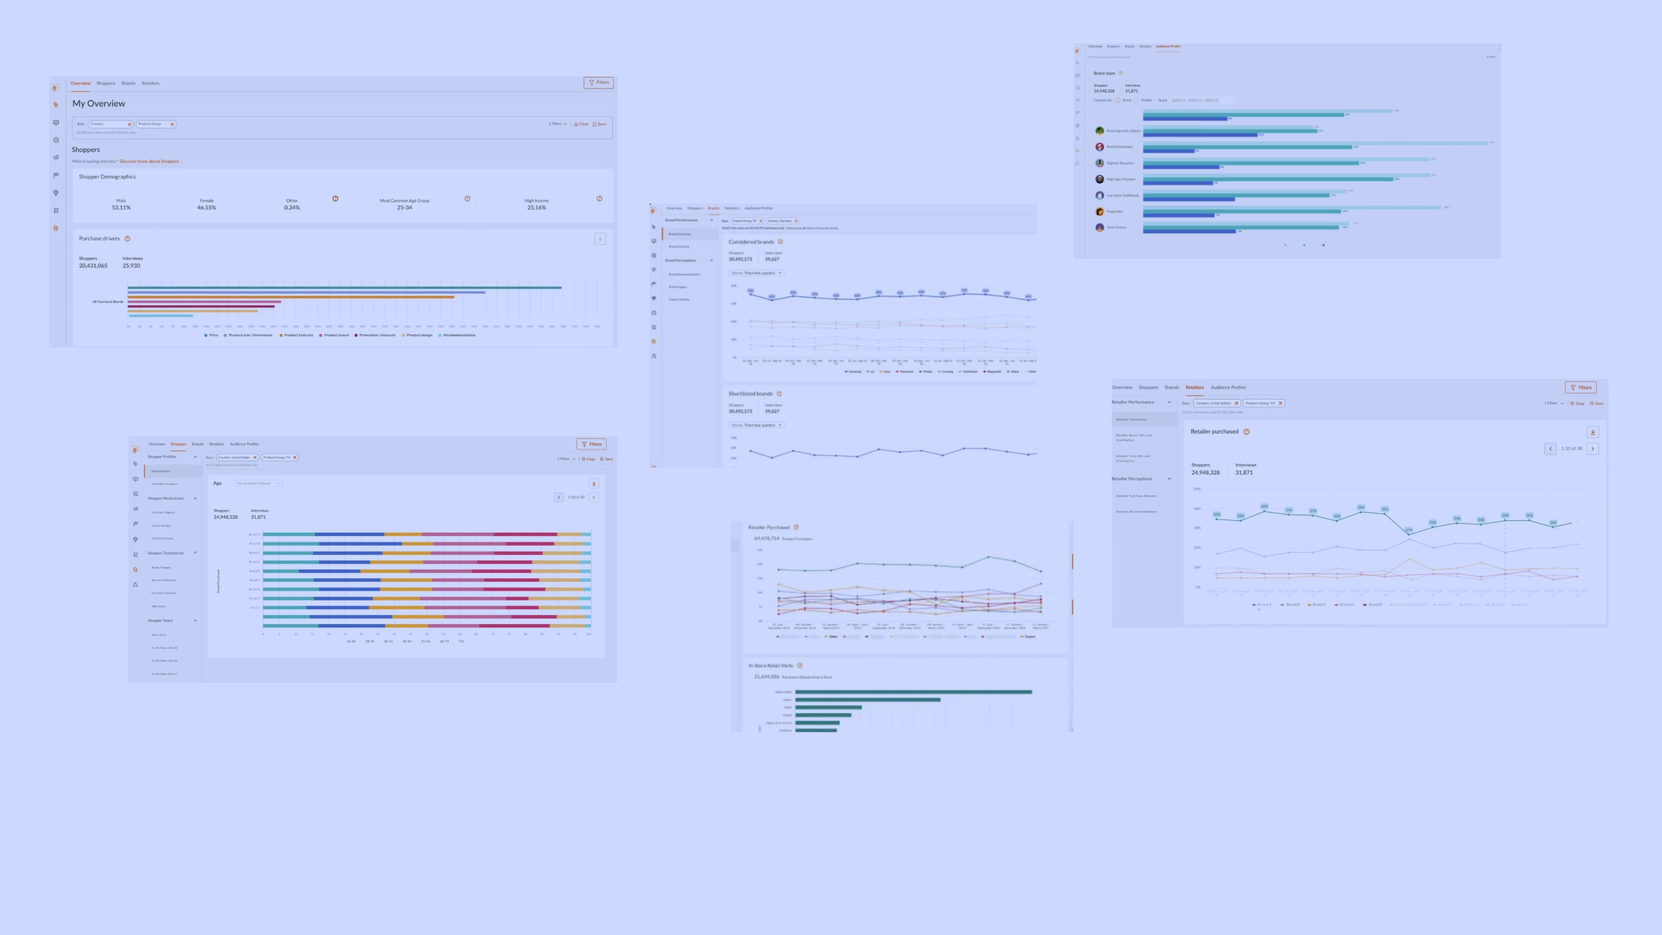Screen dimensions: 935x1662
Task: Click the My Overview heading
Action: pyautogui.click(x=99, y=104)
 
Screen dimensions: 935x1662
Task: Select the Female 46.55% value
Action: pyautogui.click(x=206, y=208)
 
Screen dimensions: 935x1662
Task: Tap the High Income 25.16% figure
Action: pyautogui.click(x=536, y=208)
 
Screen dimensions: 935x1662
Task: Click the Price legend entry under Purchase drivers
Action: pyautogui.click(x=211, y=335)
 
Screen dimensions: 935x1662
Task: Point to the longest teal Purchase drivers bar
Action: pyautogui.click(x=344, y=287)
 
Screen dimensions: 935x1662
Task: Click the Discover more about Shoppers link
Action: pyautogui.click(x=149, y=161)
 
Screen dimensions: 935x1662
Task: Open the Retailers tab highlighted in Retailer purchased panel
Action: pyautogui.click(x=1194, y=388)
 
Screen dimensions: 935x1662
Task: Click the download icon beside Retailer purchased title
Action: pyautogui.click(x=1592, y=432)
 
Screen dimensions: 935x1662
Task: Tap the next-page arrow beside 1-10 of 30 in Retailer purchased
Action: pyautogui.click(x=1592, y=449)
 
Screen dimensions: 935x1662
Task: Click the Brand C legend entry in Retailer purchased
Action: pyautogui.click(x=1317, y=605)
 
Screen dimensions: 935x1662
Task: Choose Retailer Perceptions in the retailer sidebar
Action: pyautogui.click(x=1132, y=479)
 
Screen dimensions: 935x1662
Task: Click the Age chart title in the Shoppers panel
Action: pyautogui.click(x=217, y=483)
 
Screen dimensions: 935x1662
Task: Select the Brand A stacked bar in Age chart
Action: pyautogui.click(x=426, y=535)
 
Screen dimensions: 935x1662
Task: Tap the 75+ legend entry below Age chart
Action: pyautogui.click(x=461, y=641)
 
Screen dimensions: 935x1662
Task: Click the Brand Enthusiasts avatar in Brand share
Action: pyautogui.click(x=1099, y=147)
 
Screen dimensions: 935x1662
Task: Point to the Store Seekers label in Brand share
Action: pyautogui.click(x=1116, y=228)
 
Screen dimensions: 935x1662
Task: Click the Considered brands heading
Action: pyautogui.click(x=751, y=242)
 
